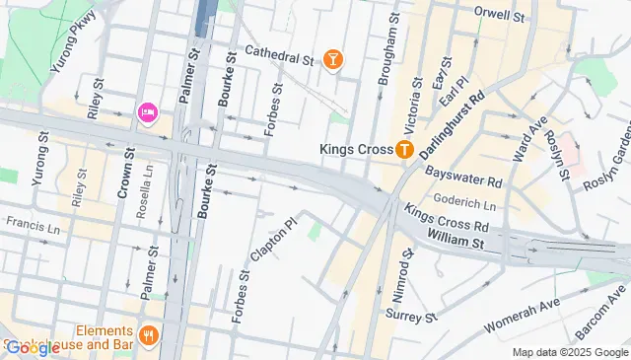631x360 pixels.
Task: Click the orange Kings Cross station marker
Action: [403, 150]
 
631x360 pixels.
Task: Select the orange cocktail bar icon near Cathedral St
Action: [334, 60]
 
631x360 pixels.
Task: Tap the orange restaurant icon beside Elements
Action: [149, 334]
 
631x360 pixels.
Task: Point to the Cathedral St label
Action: [279, 55]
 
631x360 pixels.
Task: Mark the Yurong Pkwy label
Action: [77, 36]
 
